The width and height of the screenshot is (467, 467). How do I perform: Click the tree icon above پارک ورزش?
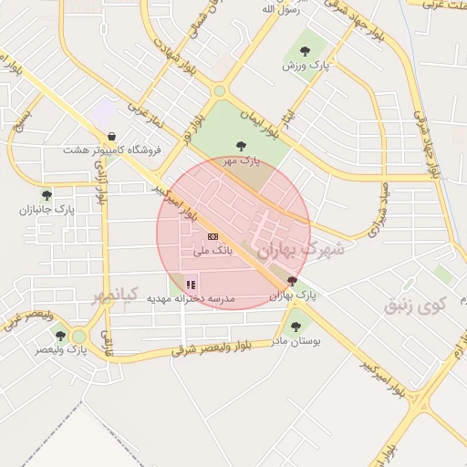(305, 51)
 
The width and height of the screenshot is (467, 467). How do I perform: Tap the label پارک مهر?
(242, 160)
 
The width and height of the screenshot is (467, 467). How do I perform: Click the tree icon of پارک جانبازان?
(47, 195)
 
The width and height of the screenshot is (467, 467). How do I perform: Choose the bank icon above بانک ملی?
(213, 236)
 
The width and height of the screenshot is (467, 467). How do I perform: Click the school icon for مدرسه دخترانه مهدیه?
(191, 285)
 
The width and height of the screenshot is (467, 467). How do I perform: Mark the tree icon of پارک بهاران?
(292, 281)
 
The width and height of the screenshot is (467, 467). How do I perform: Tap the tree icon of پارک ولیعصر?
(60, 336)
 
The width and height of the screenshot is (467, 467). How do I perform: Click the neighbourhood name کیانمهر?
(114, 295)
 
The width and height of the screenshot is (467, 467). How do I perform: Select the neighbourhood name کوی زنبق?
(412, 304)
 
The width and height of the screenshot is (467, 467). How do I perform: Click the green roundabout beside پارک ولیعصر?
(79, 337)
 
